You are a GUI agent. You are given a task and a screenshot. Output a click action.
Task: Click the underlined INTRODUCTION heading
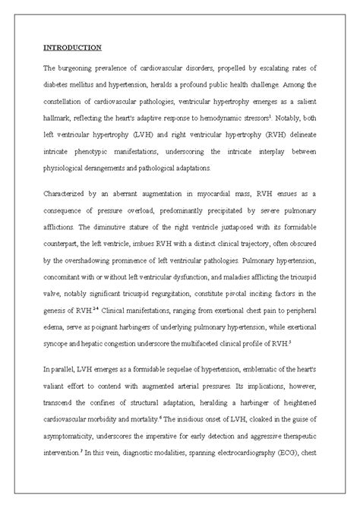click(x=71, y=48)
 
